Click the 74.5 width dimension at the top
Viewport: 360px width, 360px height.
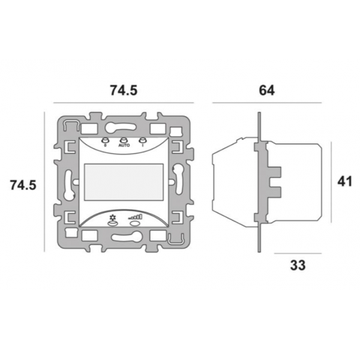pyautogui.click(x=124, y=91)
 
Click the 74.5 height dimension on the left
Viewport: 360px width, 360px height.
pyautogui.click(x=23, y=185)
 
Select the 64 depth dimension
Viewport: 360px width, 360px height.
pyautogui.click(x=266, y=91)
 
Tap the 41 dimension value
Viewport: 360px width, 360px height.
pyautogui.click(x=344, y=181)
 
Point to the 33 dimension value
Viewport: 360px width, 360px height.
pyautogui.click(x=298, y=265)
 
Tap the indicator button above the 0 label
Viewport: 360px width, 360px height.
pyautogui.click(x=106, y=140)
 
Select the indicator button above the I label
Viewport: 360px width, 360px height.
pyautogui.click(x=143, y=140)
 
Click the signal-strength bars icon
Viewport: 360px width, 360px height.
pyautogui.click(x=136, y=217)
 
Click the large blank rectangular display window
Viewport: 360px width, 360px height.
pyautogui.click(x=124, y=181)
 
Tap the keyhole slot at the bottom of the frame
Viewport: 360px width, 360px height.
pyautogui.click(x=124, y=238)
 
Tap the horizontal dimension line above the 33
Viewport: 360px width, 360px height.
pyautogui.click(x=298, y=253)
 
